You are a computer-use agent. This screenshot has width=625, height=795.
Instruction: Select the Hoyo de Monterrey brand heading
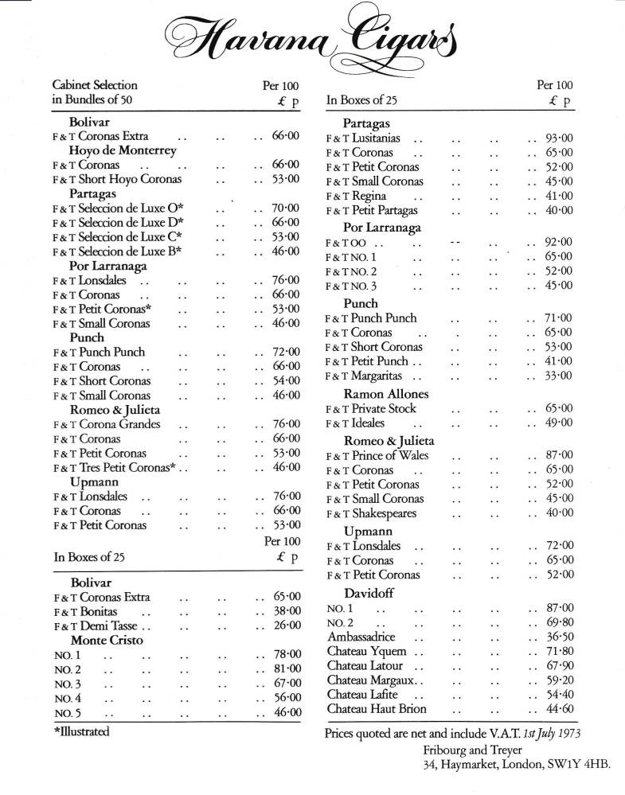pyautogui.click(x=123, y=150)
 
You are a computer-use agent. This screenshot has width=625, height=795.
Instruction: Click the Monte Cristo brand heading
pyautogui.click(x=103, y=640)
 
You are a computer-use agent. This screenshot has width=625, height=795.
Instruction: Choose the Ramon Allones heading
pyautogui.click(x=386, y=394)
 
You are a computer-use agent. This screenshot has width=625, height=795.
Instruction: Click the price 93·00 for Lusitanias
pyautogui.click(x=556, y=138)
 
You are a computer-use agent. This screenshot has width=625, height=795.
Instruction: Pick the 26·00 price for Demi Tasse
pyautogui.click(x=285, y=625)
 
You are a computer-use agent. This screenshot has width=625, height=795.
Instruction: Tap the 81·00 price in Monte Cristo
pyautogui.click(x=285, y=668)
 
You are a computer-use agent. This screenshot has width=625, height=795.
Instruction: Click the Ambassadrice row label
pyautogui.click(x=361, y=637)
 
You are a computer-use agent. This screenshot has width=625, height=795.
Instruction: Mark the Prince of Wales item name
pyautogui.click(x=390, y=456)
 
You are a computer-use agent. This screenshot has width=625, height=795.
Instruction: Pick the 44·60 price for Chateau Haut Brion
pyautogui.click(x=556, y=709)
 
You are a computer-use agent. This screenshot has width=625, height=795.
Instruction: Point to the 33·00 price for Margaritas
pyautogui.click(x=556, y=376)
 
